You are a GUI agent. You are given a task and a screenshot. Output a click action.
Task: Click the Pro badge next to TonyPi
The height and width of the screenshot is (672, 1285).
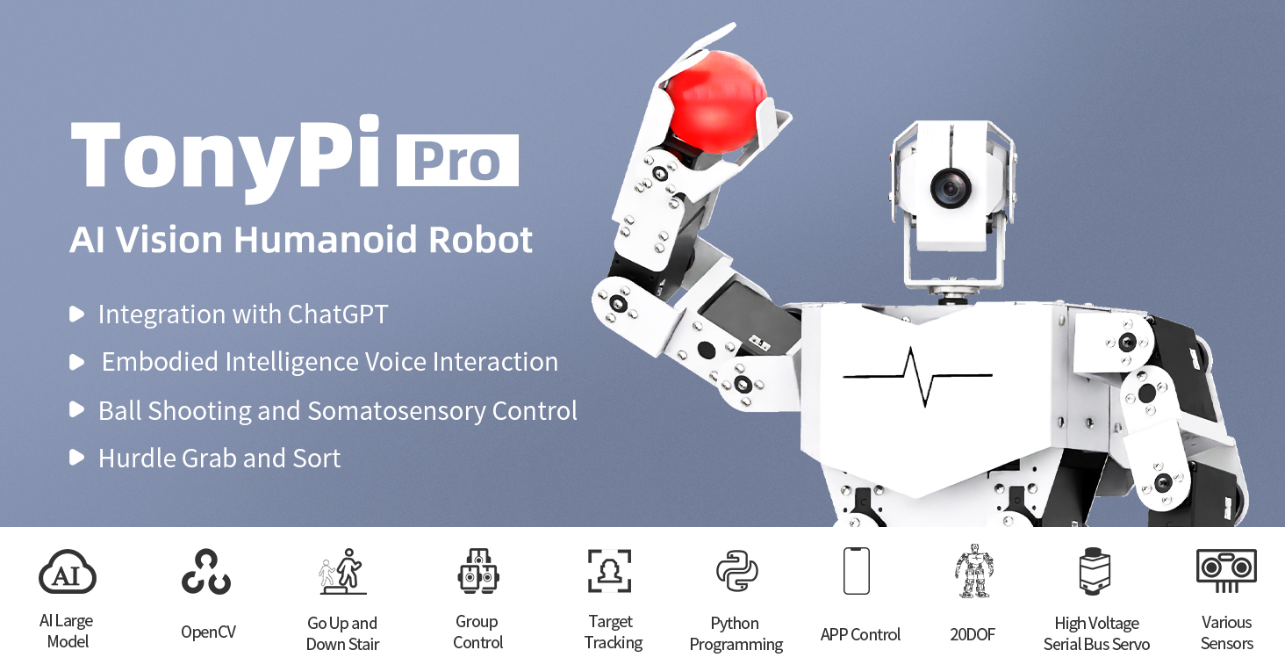pos(457,160)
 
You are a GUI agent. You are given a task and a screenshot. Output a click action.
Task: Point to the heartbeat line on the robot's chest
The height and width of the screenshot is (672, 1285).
pos(917,375)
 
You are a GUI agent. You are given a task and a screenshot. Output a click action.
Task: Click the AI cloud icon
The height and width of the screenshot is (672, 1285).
pos(68,573)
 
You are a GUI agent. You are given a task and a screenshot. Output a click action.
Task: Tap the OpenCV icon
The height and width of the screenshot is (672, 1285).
pos(206,572)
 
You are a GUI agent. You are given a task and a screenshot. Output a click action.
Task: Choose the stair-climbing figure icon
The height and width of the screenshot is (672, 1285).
pos(342,572)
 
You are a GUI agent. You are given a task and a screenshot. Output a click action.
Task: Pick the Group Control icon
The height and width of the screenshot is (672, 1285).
pos(478,572)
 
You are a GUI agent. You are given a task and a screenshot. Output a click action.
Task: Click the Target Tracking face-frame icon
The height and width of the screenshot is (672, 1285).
pos(610,571)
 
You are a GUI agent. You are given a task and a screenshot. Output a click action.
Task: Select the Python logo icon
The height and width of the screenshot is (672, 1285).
pos(736,572)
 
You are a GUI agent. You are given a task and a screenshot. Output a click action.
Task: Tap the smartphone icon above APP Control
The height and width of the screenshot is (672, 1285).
pos(856,571)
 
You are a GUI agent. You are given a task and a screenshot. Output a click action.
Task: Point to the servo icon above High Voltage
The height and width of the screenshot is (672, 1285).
pos(1095,572)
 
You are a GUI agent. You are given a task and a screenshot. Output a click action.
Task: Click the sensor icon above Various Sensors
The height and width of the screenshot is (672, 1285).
pos(1226,570)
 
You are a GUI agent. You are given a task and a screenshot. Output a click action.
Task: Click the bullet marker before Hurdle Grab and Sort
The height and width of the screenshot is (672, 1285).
pos(77,458)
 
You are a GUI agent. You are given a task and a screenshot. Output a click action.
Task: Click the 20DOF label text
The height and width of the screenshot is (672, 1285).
pos(973,634)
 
